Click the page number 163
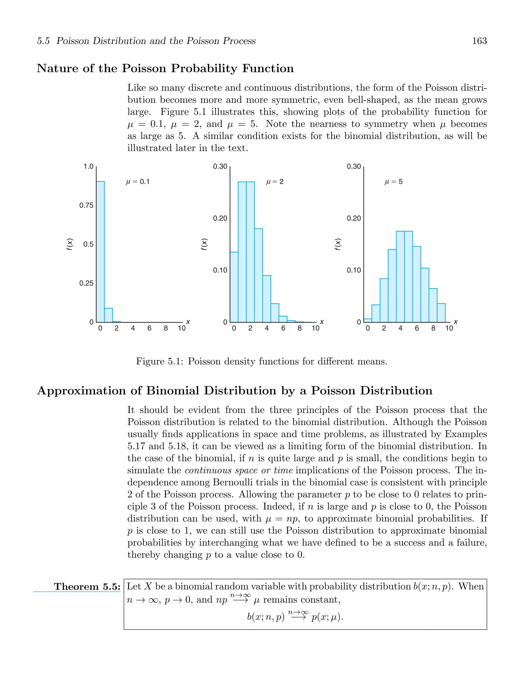point(479,41)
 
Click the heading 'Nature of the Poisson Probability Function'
point(165,68)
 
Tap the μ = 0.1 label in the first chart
point(137,182)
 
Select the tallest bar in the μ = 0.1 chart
point(100,250)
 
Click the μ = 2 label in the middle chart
point(275,182)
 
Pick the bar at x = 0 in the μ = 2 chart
point(234,287)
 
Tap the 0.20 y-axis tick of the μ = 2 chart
point(220,218)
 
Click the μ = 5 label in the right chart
point(393,182)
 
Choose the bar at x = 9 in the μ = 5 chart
point(441,313)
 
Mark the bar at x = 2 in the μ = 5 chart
point(384,300)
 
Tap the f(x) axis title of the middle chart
point(204,244)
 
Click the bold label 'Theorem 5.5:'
point(87,587)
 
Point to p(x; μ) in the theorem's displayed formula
point(327,617)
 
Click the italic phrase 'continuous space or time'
point(238,470)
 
